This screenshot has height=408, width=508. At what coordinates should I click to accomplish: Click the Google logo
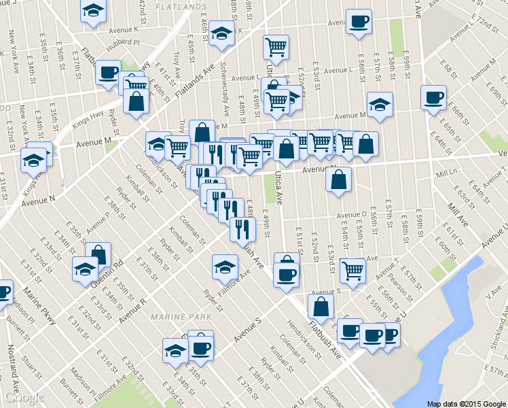[24, 397]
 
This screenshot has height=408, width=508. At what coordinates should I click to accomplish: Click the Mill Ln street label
[448, 175]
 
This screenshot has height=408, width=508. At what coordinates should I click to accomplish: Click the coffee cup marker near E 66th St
[433, 97]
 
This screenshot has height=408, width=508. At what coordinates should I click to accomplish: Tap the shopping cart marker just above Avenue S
[352, 269]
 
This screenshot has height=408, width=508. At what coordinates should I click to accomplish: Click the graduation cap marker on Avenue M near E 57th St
[380, 104]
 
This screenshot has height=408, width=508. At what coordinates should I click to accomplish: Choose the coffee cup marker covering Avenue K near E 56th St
[358, 20]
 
